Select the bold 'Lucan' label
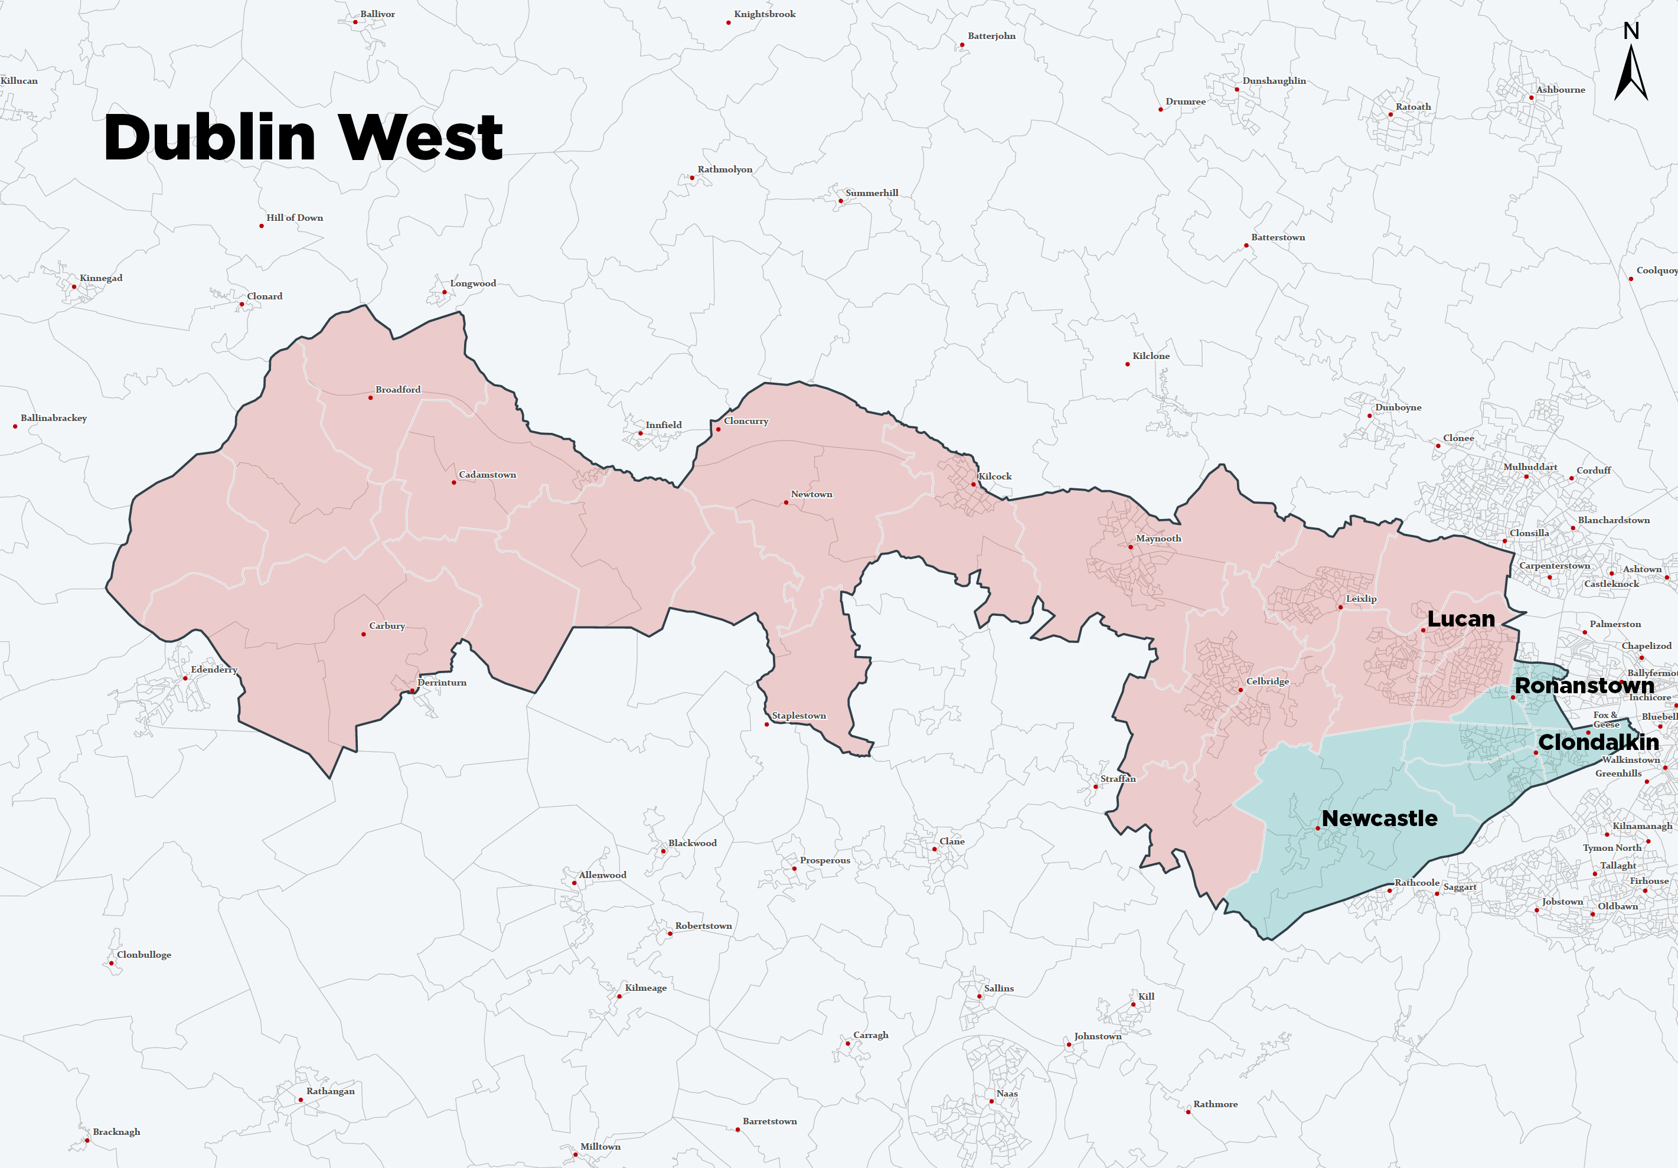tap(1460, 619)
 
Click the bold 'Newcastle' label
tap(1379, 818)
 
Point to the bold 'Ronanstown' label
tap(1584, 686)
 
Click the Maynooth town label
tap(1158, 539)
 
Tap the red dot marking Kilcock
tap(974, 484)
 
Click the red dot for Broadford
tap(371, 397)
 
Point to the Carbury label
tap(387, 626)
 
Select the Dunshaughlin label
tap(1274, 81)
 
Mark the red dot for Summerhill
tap(840, 201)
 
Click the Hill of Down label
tap(295, 218)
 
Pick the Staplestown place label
tap(799, 716)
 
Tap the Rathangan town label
tap(330, 1091)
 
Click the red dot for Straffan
tap(1095, 787)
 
